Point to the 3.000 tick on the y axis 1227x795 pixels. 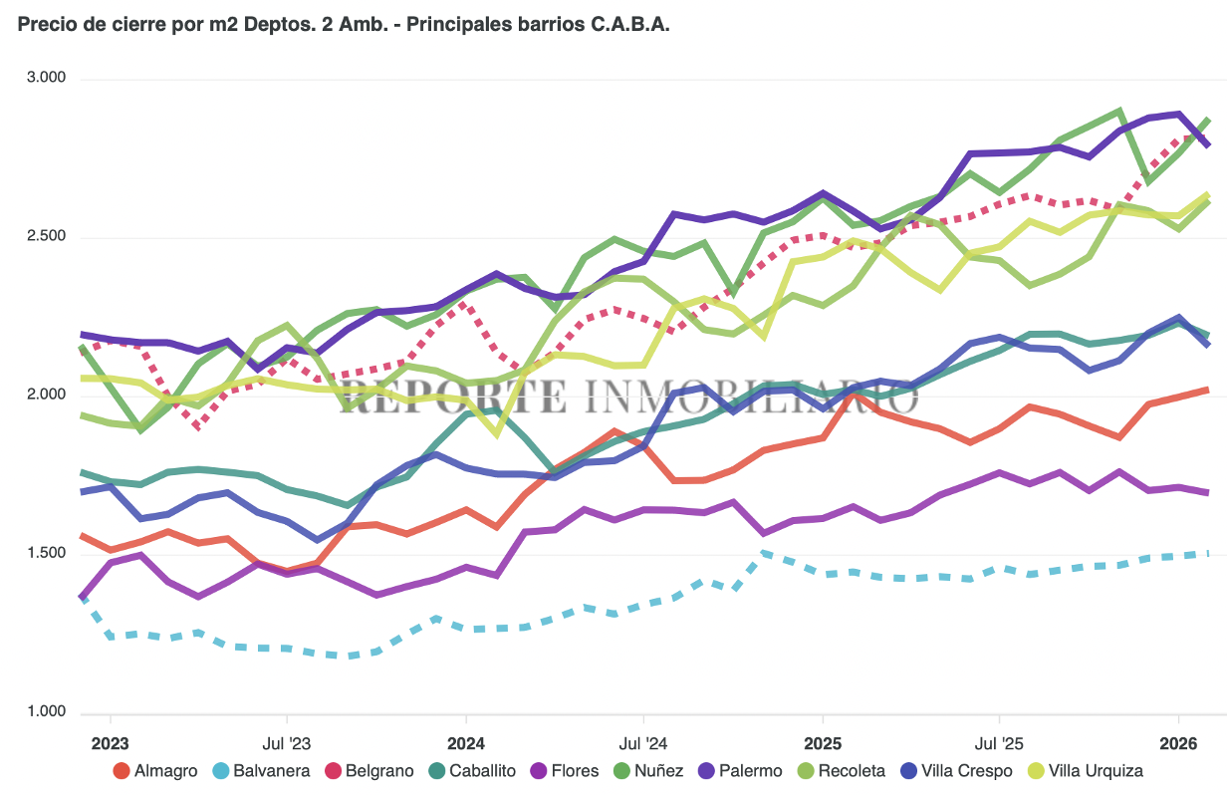point(44,78)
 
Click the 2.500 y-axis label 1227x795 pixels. point(44,236)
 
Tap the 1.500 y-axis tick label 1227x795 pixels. point(44,554)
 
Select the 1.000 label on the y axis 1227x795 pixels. point(44,712)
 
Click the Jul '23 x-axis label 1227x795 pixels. point(287,743)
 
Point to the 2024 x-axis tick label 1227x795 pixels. point(465,743)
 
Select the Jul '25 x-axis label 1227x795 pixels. point(999,743)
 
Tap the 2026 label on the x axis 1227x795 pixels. point(1178,743)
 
